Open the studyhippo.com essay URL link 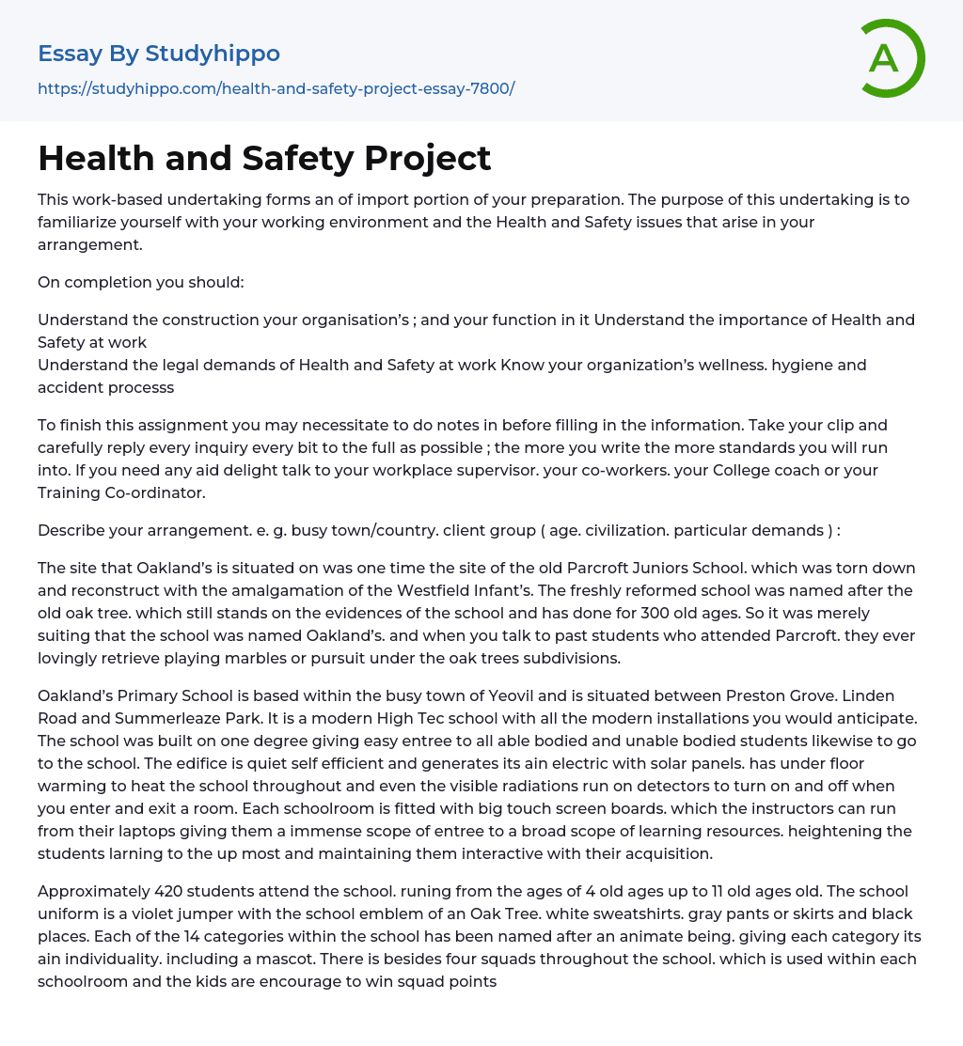coord(276,88)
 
